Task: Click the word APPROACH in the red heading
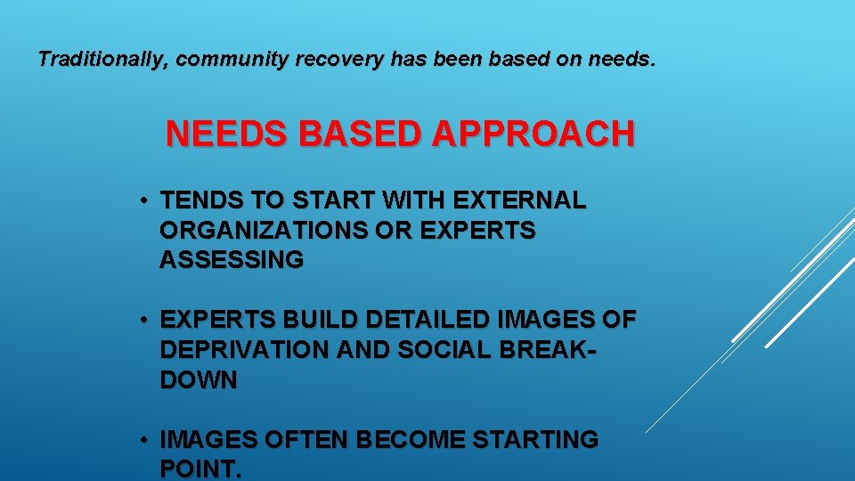click(533, 135)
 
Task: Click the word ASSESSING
click(232, 260)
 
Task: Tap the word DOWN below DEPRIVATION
click(199, 380)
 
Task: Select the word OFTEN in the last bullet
click(315, 440)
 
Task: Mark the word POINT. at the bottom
click(200, 469)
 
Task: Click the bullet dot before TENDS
click(143, 201)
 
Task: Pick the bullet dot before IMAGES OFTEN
click(143, 440)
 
